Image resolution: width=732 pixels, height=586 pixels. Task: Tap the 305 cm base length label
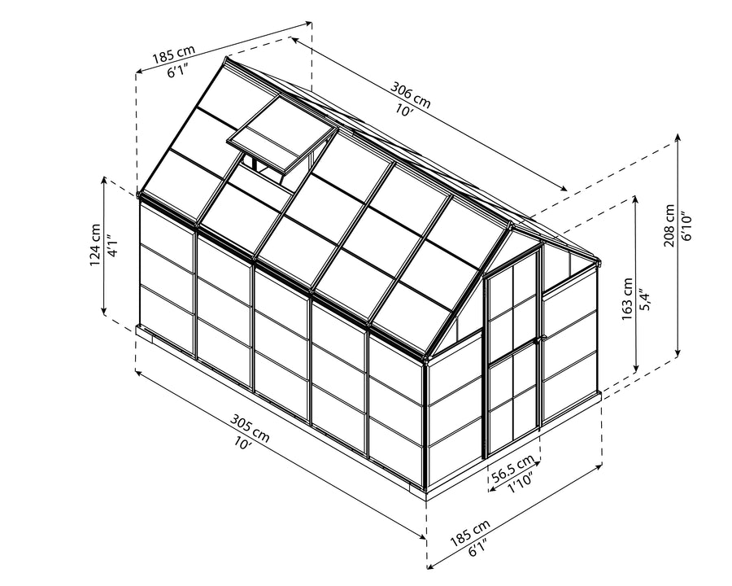[251, 427]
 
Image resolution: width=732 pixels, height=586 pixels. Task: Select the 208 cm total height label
[669, 225]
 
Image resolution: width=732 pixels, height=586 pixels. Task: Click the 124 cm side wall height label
[95, 245]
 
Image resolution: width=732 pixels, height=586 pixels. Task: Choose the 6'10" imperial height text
[686, 226]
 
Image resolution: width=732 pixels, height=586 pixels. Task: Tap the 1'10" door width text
[520, 481]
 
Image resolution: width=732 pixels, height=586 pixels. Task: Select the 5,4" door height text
[645, 299]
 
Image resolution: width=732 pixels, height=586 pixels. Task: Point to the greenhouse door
[512, 352]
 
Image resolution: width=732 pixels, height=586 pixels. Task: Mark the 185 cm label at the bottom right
[471, 533]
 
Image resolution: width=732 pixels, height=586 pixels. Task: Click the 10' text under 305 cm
[243, 443]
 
